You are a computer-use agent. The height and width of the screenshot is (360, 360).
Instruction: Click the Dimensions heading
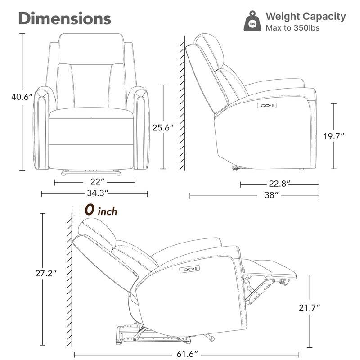click(x=64, y=18)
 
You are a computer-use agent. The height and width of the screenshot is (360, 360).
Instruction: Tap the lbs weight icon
click(x=252, y=22)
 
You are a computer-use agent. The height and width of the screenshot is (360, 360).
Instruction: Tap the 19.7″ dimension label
click(x=333, y=136)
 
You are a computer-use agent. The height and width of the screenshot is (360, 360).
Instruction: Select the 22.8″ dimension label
click(x=279, y=184)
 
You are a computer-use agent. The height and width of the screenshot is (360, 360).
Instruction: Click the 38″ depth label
click(x=270, y=195)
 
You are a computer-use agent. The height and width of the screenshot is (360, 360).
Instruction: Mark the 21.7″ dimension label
click(x=310, y=307)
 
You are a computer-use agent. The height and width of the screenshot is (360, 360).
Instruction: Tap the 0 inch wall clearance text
click(x=101, y=210)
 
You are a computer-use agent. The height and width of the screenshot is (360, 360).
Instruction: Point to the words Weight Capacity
click(x=306, y=17)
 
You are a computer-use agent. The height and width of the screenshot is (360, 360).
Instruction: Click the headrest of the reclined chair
click(x=97, y=231)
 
